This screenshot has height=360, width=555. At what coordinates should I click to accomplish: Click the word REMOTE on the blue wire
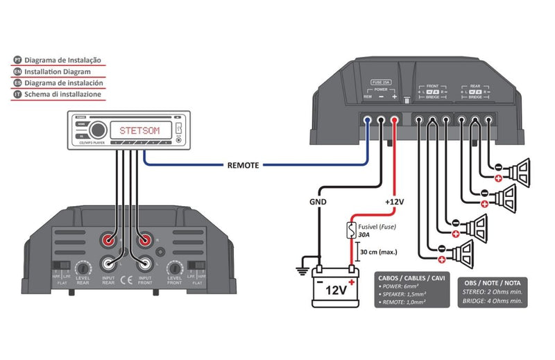tap(243, 166)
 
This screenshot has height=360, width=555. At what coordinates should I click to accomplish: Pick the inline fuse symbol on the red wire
tap(352, 230)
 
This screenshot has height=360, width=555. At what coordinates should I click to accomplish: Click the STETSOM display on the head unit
tap(140, 130)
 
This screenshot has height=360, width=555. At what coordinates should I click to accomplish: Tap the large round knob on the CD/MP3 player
tap(98, 130)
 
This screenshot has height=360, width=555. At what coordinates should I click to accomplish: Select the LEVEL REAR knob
tap(83, 267)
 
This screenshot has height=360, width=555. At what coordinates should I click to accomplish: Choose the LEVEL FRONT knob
tap(174, 267)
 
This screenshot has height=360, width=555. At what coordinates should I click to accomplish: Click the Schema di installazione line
tap(62, 94)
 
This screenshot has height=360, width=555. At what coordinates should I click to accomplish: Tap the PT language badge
tap(17, 60)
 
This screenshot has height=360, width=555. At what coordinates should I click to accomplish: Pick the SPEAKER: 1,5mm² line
tap(407, 294)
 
